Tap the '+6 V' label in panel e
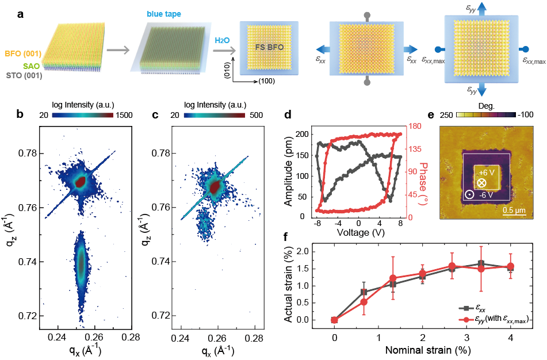coord(484,173)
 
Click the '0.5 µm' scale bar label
coord(510,210)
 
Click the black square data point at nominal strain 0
coord(334,320)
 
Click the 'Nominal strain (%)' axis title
coord(422,349)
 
